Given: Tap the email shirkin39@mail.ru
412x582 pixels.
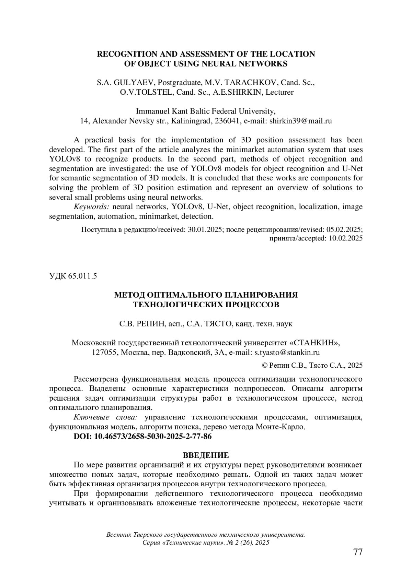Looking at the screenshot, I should [300, 121].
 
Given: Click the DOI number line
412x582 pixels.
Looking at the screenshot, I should [142, 437].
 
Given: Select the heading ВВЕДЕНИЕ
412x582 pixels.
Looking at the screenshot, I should [206, 455].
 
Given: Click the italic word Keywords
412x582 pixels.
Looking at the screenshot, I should [91, 207].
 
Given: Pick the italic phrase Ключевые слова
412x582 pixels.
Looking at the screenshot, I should [106, 417].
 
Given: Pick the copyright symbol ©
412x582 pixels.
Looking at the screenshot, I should [265, 366].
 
